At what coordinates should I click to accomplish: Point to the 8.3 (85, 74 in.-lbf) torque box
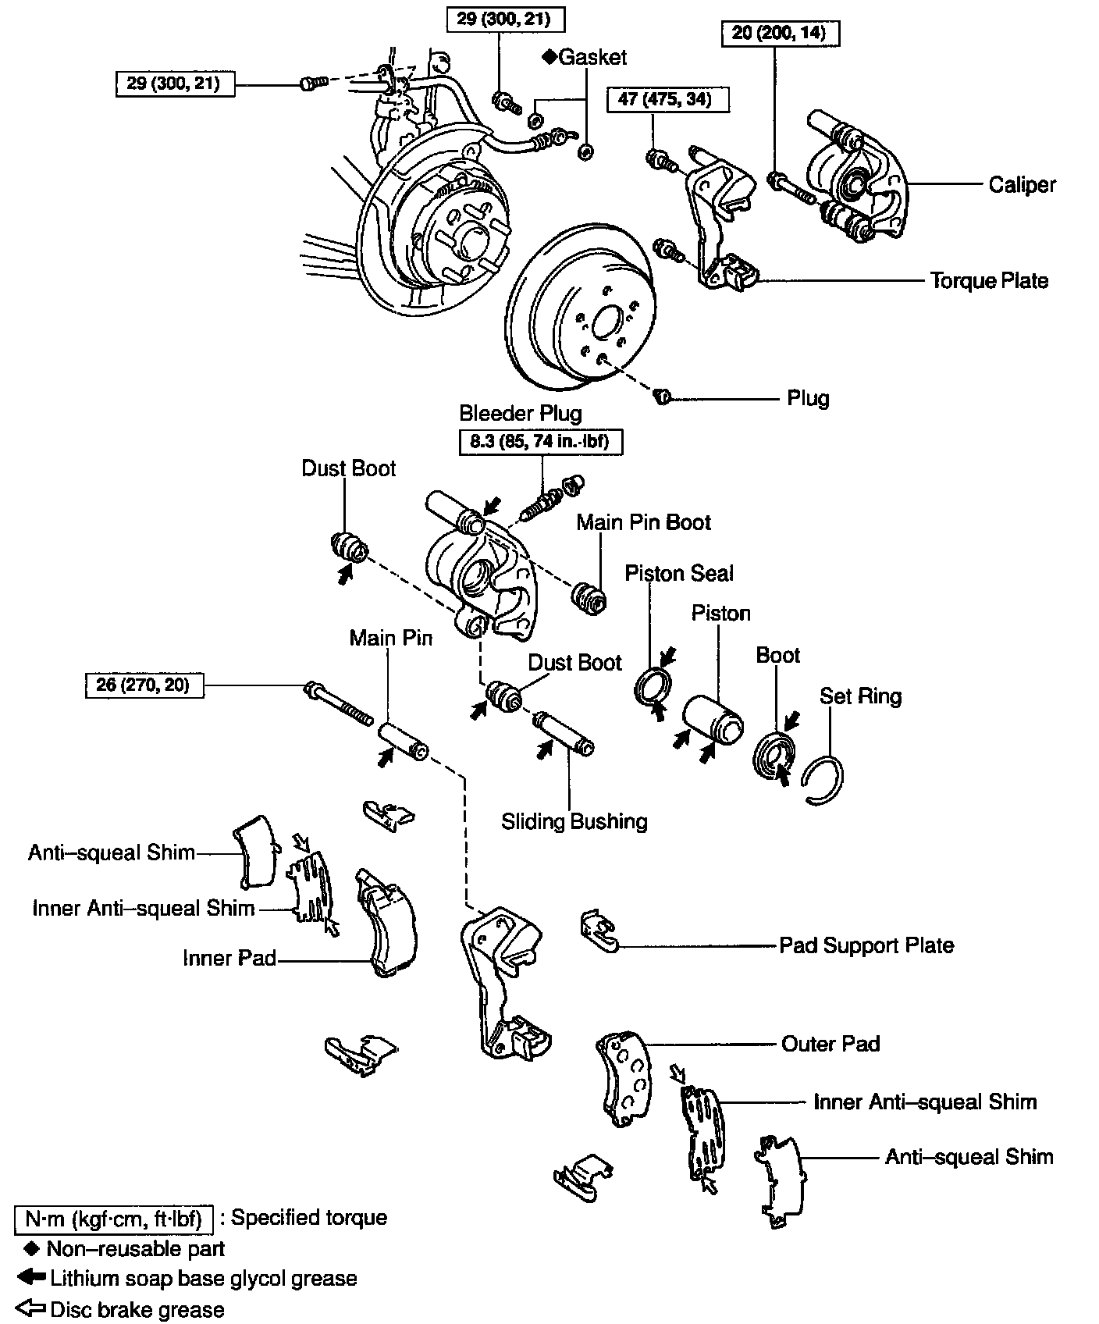click(541, 443)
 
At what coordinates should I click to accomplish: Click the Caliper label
click(1021, 185)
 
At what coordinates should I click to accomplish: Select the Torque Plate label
click(988, 281)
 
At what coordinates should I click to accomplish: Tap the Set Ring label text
click(860, 696)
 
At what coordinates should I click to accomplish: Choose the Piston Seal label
click(679, 574)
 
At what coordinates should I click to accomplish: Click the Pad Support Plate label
click(866, 946)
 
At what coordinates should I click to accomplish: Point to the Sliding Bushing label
click(574, 821)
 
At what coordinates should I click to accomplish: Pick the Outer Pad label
click(830, 1045)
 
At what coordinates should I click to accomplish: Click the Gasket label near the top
click(592, 57)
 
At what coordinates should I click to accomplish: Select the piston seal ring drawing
click(651, 687)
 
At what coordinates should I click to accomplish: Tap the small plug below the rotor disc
click(663, 397)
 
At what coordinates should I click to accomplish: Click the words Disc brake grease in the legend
click(137, 1309)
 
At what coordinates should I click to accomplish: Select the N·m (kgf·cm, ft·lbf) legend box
click(114, 1219)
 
